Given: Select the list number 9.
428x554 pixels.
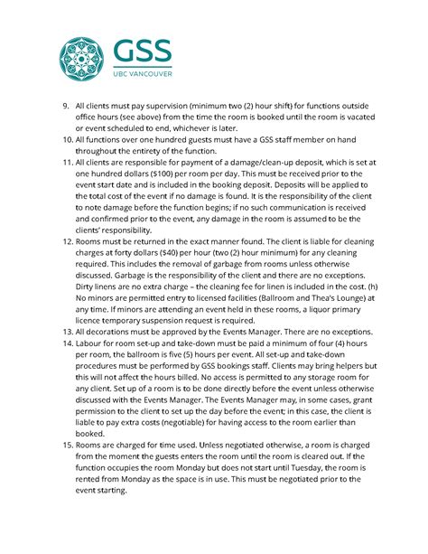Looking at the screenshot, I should coord(66,106).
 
